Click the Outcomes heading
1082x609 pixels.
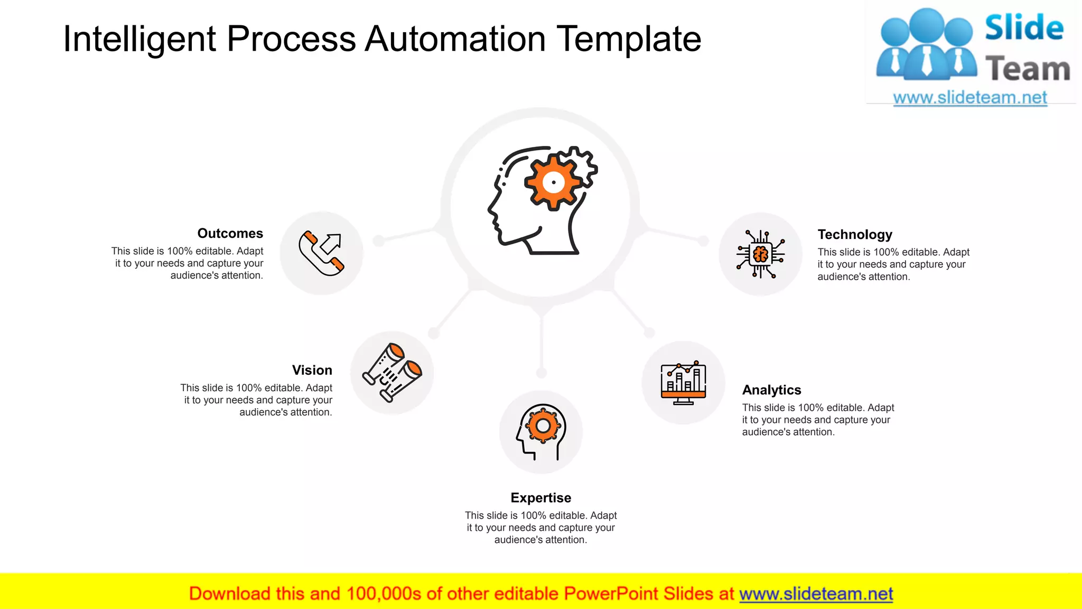[230, 234]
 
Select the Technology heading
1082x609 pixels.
[854, 235]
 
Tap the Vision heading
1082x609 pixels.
[312, 370]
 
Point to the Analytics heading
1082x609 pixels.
[771, 390]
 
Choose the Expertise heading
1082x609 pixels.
[540, 498]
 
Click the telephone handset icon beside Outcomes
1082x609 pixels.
[321, 253]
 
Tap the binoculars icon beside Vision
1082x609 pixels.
[392, 373]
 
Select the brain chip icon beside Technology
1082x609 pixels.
[760, 254]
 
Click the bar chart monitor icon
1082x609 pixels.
[683, 383]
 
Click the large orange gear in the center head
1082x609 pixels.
[553, 182]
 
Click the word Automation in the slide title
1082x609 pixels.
[455, 39]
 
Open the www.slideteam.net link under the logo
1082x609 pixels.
[969, 98]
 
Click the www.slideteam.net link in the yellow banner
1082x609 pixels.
[816, 594]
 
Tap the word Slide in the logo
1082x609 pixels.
[1024, 28]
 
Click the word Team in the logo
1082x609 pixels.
[1028, 69]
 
